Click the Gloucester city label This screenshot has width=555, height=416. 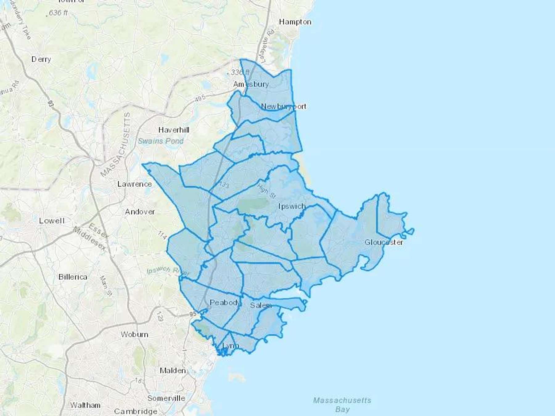(x=384, y=242)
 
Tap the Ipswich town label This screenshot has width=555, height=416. (x=292, y=206)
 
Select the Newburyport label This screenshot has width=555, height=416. (x=284, y=106)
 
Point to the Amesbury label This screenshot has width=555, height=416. (x=251, y=84)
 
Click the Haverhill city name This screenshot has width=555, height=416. (x=174, y=130)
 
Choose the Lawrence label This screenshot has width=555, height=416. (x=135, y=184)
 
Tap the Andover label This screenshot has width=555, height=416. (x=140, y=212)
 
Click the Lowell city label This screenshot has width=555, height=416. (x=52, y=221)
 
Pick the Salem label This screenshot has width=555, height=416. (x=261, y=305)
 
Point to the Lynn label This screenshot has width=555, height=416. (x=230, y=346)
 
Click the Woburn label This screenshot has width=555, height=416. (x=134, y=334)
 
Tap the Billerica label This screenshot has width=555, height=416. (x=73, y=277)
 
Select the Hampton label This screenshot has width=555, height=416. (x=295, y=22)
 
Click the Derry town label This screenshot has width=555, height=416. (x=41, y=59)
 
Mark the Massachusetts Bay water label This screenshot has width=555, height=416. (x=342, y=405)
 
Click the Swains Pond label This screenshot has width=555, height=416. (x=161, y=141)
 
